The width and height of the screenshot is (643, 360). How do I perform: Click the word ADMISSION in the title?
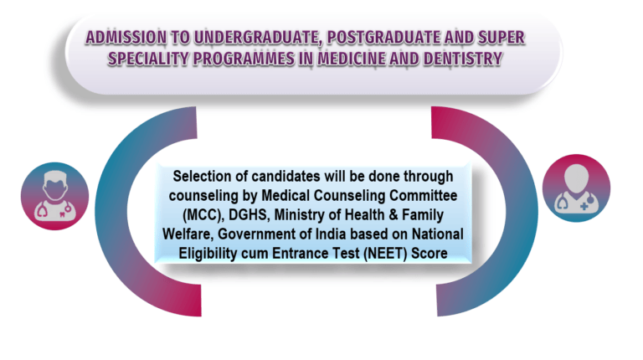[126, 38]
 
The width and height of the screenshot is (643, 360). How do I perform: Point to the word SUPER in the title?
[502, 38]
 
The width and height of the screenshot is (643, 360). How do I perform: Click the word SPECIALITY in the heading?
[147, 59]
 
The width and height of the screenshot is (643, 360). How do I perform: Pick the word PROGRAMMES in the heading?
[244, 59]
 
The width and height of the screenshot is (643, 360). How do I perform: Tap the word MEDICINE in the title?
[352, 59]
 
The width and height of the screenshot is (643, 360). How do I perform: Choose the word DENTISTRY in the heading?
[462, 59]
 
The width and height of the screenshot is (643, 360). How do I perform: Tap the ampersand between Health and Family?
[393, 215]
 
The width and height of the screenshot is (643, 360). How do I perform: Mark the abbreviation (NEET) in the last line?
[385, 254]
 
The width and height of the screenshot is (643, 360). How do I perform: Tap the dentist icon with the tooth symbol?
[55, 196]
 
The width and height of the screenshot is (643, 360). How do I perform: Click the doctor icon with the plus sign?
[577, 188]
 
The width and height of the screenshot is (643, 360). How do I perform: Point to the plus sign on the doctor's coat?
[584, 206]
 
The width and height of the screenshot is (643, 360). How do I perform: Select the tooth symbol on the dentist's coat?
[62, 213]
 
